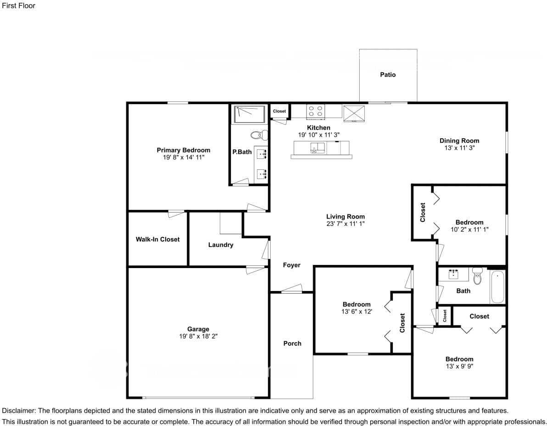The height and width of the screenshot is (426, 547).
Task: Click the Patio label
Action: (x=388, y=74)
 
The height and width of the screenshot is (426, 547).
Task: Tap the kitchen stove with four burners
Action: (x=316, y=111)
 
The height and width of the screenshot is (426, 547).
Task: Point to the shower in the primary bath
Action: (x=250, y=114)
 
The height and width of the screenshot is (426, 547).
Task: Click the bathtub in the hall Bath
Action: (x=497, y=287)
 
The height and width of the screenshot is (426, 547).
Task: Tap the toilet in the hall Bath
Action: (x=478, y=277)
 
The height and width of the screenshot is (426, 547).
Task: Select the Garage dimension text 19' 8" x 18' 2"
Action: (x=198, y=336)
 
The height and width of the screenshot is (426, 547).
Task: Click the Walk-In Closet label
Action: (x=157, y=239)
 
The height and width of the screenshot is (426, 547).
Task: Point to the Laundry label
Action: (x=221, y=245)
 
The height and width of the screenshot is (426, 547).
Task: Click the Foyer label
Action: (x=291, y=265)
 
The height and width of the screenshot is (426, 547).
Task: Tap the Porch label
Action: (x=292, y=343)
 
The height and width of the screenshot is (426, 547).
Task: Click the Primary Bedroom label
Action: (x=184, y=150)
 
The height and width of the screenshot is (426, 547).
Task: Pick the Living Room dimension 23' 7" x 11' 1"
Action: (x=346, y=224)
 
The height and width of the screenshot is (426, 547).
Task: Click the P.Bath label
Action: (x=242, y=151)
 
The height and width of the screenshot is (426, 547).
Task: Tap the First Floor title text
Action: (x=19, y=6)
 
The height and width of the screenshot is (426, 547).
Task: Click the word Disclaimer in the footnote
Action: (x=18, y=411)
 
